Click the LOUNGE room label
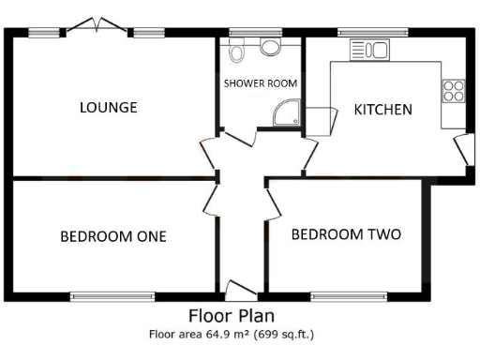tap(108, 107)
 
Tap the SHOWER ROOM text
tap(260, 83)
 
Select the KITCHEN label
tap(382, 110)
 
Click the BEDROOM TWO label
tap(345, 233)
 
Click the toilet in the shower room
tap(239, 49)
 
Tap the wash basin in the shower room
tap(270, 47)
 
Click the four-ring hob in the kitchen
tap(453, 90)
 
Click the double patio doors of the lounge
tap(97, 25)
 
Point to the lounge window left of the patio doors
tap(44, 33)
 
